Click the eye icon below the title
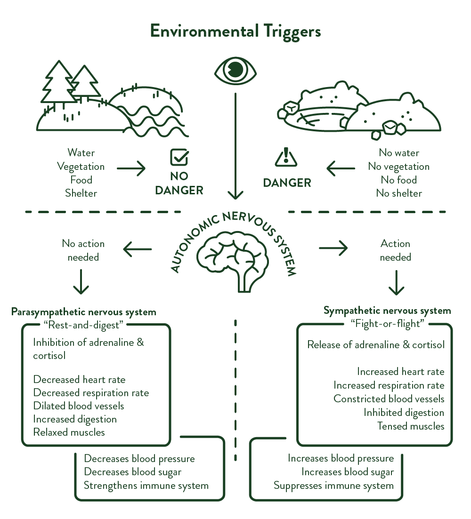(x=235, y=71)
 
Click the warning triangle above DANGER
(x=286, y=158)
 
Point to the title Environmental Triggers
(x=235, y=32)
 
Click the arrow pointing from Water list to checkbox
(x=131, y=168)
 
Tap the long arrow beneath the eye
(x=235, y=146)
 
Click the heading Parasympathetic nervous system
(x=83, y=312)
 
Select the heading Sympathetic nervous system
(x=387, y=311)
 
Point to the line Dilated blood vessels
(x=79, y=406)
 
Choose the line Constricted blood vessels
(x=389, y=399)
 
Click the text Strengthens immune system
(x=146, y=486)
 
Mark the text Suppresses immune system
(x=333, y=486)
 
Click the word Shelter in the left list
(x=81, y=193)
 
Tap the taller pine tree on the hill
(x=59, y=85)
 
